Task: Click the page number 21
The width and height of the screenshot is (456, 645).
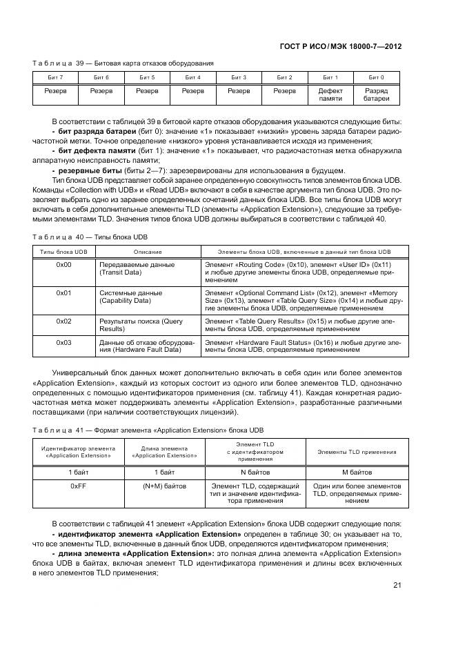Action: click(397, 586)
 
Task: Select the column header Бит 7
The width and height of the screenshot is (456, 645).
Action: click(56, 77)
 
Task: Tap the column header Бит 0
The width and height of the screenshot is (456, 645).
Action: click(376, 77)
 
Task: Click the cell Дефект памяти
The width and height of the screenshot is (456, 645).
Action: click(330, 95)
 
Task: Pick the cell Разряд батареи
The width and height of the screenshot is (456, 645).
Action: click(376, 95)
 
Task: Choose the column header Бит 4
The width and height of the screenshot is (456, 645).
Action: click(193, 77)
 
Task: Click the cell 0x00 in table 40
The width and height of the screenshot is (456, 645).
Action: click(64, 264)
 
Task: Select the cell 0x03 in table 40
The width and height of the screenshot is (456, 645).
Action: click(64, 341)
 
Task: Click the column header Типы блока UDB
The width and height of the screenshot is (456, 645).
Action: click(64, 252)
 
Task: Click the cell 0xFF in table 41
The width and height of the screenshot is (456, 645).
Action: click(77, 486)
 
